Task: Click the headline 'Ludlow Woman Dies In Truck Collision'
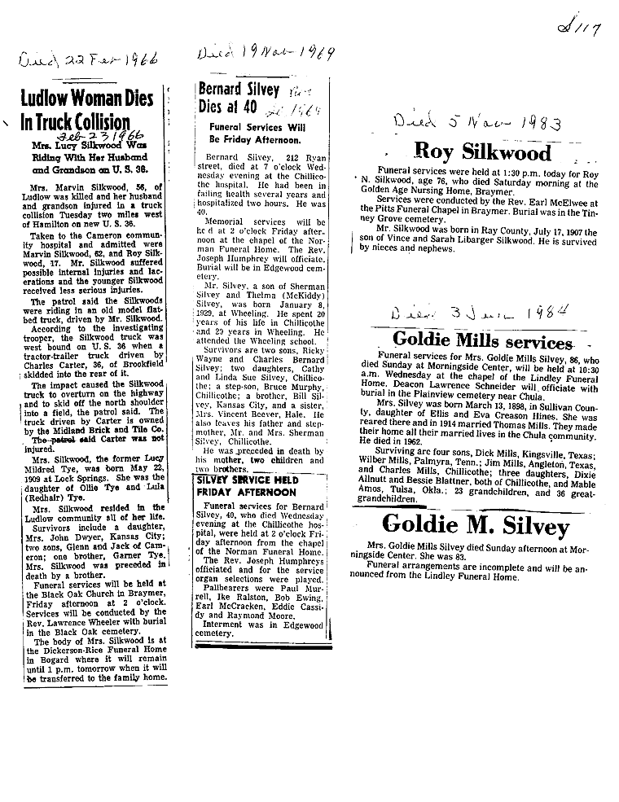[x=87, y=112]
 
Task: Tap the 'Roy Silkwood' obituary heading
[x=482, y=151]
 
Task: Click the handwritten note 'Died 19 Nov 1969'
[x=256, y=54]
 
